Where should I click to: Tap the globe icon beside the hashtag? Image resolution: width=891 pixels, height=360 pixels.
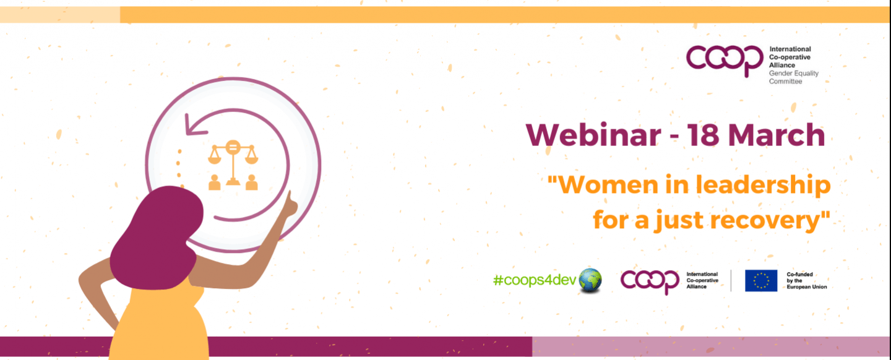click(x=590, y=281)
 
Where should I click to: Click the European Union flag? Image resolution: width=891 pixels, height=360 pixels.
click(x=760, y=280)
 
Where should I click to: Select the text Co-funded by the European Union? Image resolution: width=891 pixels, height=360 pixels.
click(x=806, y=280)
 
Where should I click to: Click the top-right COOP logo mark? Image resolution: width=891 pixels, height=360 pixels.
click(x=725, y=59)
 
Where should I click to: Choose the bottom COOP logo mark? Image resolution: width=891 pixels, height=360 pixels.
click(x=650, y=281)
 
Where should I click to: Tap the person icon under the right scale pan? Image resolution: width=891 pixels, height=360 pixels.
click(x=251, y=182)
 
